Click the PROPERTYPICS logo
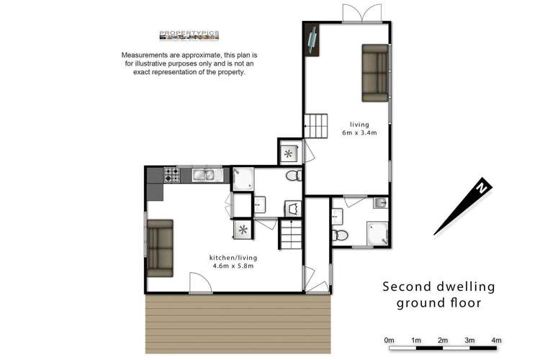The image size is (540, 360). tap(189, 35)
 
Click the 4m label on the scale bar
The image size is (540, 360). tap(496, 340)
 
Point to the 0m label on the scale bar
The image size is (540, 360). tap(390, 340)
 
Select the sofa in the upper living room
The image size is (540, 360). tap(375, 73)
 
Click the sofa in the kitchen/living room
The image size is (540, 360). tap(160, 247)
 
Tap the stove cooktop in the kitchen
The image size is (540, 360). tap(171, 174)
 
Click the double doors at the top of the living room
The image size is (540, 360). tap(362, 14)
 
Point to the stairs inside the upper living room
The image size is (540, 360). tap(315, 127)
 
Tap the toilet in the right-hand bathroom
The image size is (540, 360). tap(340, 235)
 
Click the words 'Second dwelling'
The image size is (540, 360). tap(438, 287)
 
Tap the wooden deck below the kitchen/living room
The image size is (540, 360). tap(238, 323)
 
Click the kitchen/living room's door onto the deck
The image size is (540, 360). tap(200, 283)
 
